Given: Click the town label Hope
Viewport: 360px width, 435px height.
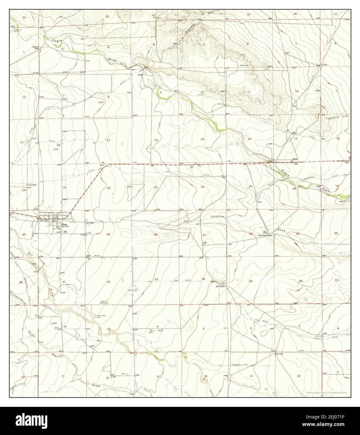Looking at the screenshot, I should (x=64, y=224).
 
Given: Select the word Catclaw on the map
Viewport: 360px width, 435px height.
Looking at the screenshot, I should (x=217, y=217).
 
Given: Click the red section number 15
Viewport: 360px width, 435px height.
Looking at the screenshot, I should (x=203, y=139).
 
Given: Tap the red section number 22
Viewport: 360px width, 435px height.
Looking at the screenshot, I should (x=203, y=187).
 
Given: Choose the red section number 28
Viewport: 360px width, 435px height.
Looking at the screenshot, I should (x=155, y=234).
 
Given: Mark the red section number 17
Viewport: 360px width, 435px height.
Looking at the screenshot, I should (x=108, y=140).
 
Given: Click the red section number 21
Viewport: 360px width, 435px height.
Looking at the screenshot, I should (x=156, y=187).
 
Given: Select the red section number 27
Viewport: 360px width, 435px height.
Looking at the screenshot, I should (x=204, y=235).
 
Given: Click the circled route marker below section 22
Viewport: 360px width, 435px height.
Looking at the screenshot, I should (x=192, y=167).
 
